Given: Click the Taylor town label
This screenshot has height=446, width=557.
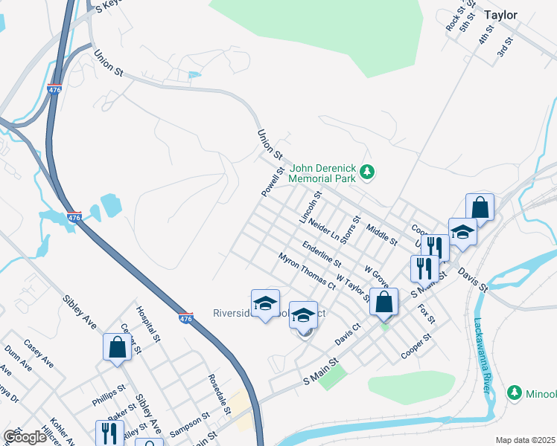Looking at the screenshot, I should tap(510, 14).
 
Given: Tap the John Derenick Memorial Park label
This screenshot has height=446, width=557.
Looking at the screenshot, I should tap(324, 174).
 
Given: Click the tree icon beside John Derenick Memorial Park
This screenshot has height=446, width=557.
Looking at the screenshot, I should tap(366, 173).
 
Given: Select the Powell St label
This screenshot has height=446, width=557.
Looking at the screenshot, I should tap(273, 181).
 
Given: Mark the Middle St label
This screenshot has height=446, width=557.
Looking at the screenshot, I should tap(382, 236).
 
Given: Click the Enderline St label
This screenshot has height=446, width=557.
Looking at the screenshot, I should tap(322, 253).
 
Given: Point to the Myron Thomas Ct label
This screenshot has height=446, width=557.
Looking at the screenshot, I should tap(308, 271).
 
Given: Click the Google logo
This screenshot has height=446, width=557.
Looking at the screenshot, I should tap(25, 437).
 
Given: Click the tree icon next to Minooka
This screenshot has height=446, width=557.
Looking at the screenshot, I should tap(514, 392).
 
